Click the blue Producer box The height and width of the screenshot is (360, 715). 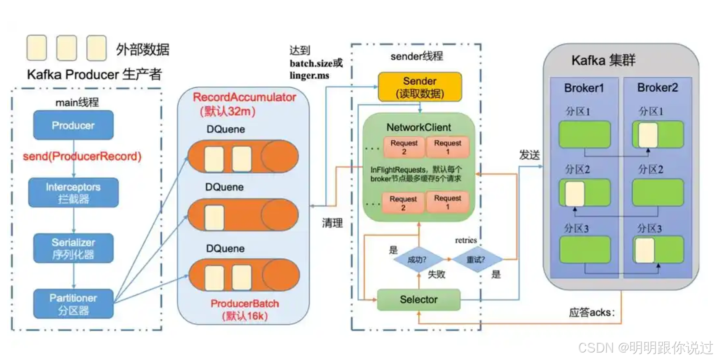(73, 125)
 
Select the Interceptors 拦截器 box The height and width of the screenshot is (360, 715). (73, 193)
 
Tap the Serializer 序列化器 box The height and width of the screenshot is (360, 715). (73, 248)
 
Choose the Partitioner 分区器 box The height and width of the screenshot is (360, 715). (73, 304)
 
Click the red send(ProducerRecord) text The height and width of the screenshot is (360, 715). (82, 156)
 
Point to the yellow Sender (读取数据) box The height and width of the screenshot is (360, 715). (420, 87)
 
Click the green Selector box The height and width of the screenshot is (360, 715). (418, 299)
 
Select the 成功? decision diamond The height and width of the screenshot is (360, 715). (417, 260)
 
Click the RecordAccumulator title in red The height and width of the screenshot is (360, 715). (244, 97)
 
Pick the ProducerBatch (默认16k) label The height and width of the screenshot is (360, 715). (244, 309)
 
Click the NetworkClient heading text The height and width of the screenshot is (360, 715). (418, 127)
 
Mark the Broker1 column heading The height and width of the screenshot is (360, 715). (583, 88)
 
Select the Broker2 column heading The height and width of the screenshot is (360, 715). (657, 88)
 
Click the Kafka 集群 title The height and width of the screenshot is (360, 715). (603, 61)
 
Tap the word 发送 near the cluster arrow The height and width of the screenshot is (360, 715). (530, 155)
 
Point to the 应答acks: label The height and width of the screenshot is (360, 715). (591, 312)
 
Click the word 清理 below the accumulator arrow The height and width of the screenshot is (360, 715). (332, 223)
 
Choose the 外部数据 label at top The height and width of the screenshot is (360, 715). (142, 50)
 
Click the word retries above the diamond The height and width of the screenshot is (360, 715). (466, 240)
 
